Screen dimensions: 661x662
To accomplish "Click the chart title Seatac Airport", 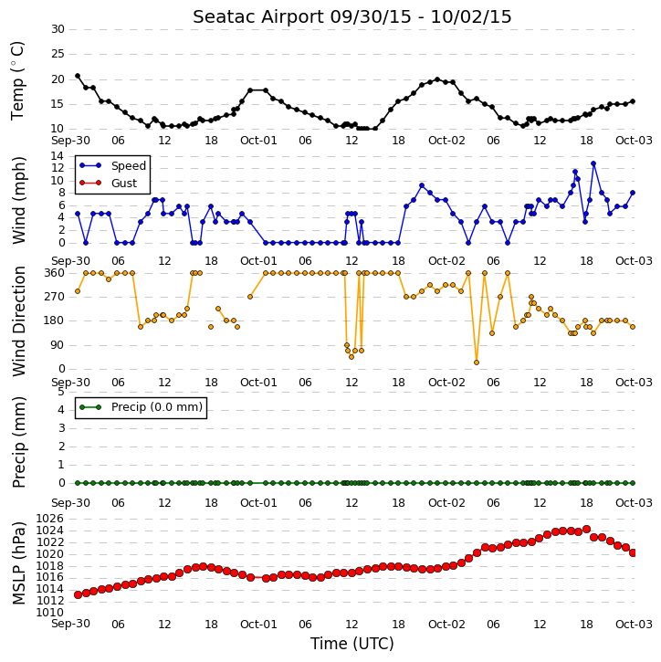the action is (259, 17).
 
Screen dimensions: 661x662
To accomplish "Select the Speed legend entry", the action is (112, 166).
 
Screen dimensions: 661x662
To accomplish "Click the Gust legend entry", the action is (109, 184).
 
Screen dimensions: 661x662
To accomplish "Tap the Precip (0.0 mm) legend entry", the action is (141, 407).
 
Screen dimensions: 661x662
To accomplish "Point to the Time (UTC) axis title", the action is (352, 644).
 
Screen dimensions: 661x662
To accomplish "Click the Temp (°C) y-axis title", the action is (17, 81).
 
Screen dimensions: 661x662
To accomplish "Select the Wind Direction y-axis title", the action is (18, 321).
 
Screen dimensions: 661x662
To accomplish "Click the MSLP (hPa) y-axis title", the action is (18, 563).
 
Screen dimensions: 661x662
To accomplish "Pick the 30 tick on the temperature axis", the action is (58, 29).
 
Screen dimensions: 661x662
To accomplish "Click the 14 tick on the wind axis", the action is (57, 156).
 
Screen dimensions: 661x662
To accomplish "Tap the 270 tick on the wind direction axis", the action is (55, 297).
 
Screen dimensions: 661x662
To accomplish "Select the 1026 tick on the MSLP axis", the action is (50, 519).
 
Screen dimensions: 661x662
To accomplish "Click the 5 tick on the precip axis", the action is (61, 392).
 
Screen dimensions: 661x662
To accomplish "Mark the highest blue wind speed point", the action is (593, 163).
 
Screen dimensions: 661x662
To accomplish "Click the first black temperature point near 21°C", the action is (78, 76).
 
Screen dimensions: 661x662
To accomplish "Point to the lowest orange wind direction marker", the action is (477, 363).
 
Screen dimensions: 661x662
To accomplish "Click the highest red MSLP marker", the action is (586, 529).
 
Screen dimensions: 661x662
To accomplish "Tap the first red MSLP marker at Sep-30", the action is (78, 594).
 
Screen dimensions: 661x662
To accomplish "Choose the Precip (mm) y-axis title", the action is (18, 442).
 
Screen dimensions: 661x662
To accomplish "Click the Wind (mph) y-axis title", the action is (18, 200).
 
